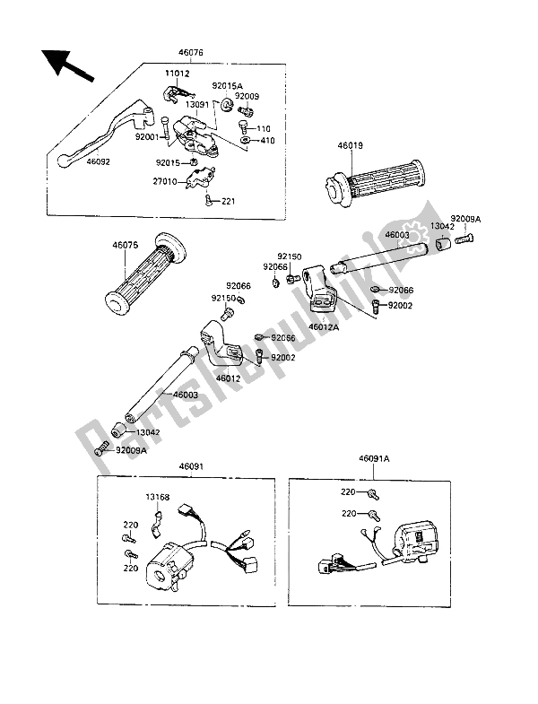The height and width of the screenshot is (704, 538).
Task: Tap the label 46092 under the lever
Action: click(x=100, y=163)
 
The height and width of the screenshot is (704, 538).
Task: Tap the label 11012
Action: click(x=176, y=73)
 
